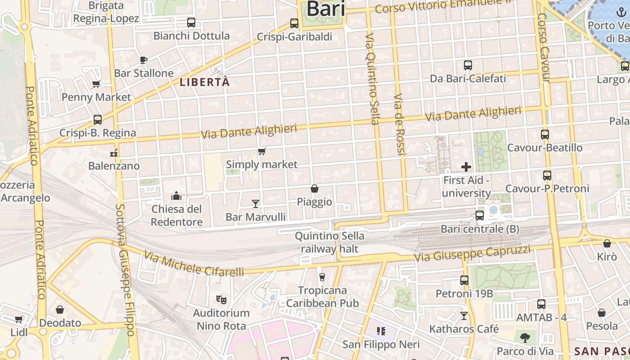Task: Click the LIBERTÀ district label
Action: tap(205, 82)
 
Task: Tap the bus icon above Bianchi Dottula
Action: tap(191, 22)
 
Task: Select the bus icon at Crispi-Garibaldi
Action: tap(294, 23)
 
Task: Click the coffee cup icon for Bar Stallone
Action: tap(144, 60)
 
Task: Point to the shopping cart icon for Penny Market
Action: tap(96, 84)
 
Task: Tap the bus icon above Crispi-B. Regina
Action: tap(98, 120)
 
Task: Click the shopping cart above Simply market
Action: tap(261, 151)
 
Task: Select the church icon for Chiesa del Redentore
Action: tap(176, 196)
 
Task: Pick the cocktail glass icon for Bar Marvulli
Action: tap(256, 204)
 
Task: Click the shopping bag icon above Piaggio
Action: tap(315, 189)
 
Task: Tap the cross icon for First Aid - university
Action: tap(466, 167)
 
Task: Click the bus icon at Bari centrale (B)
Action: tap(480, 216)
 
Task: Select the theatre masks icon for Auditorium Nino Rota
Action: tap(221, 299)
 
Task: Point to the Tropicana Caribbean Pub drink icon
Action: tap(322, 277)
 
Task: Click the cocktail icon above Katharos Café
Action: tap(464, 316)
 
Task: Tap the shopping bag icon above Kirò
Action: tap(607, 244)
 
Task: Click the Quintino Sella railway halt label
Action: tap(329, 242)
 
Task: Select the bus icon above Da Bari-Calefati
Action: tap(468, 65)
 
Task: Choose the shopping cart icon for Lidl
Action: tap(18, 319)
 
